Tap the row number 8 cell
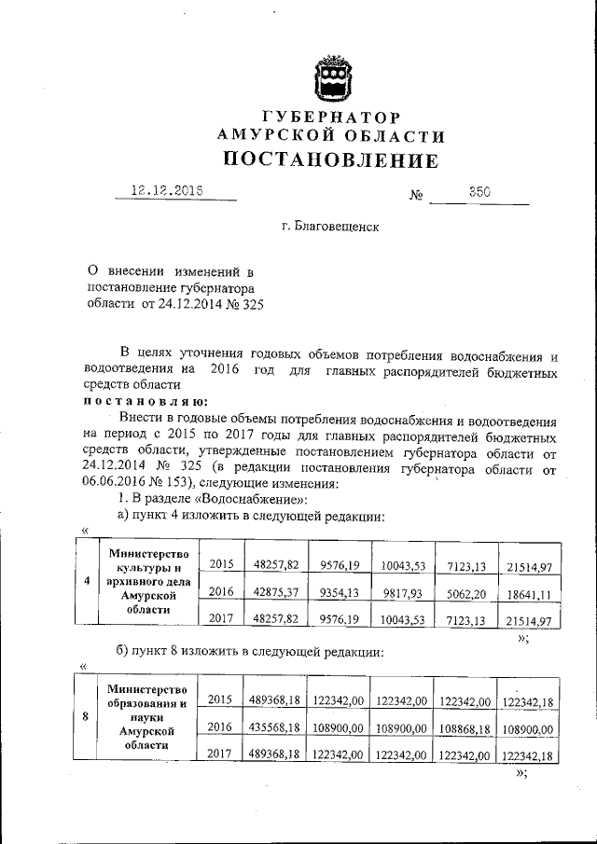(86, 716)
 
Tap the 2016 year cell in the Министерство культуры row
(221, 591)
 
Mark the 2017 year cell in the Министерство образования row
(221, 753)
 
